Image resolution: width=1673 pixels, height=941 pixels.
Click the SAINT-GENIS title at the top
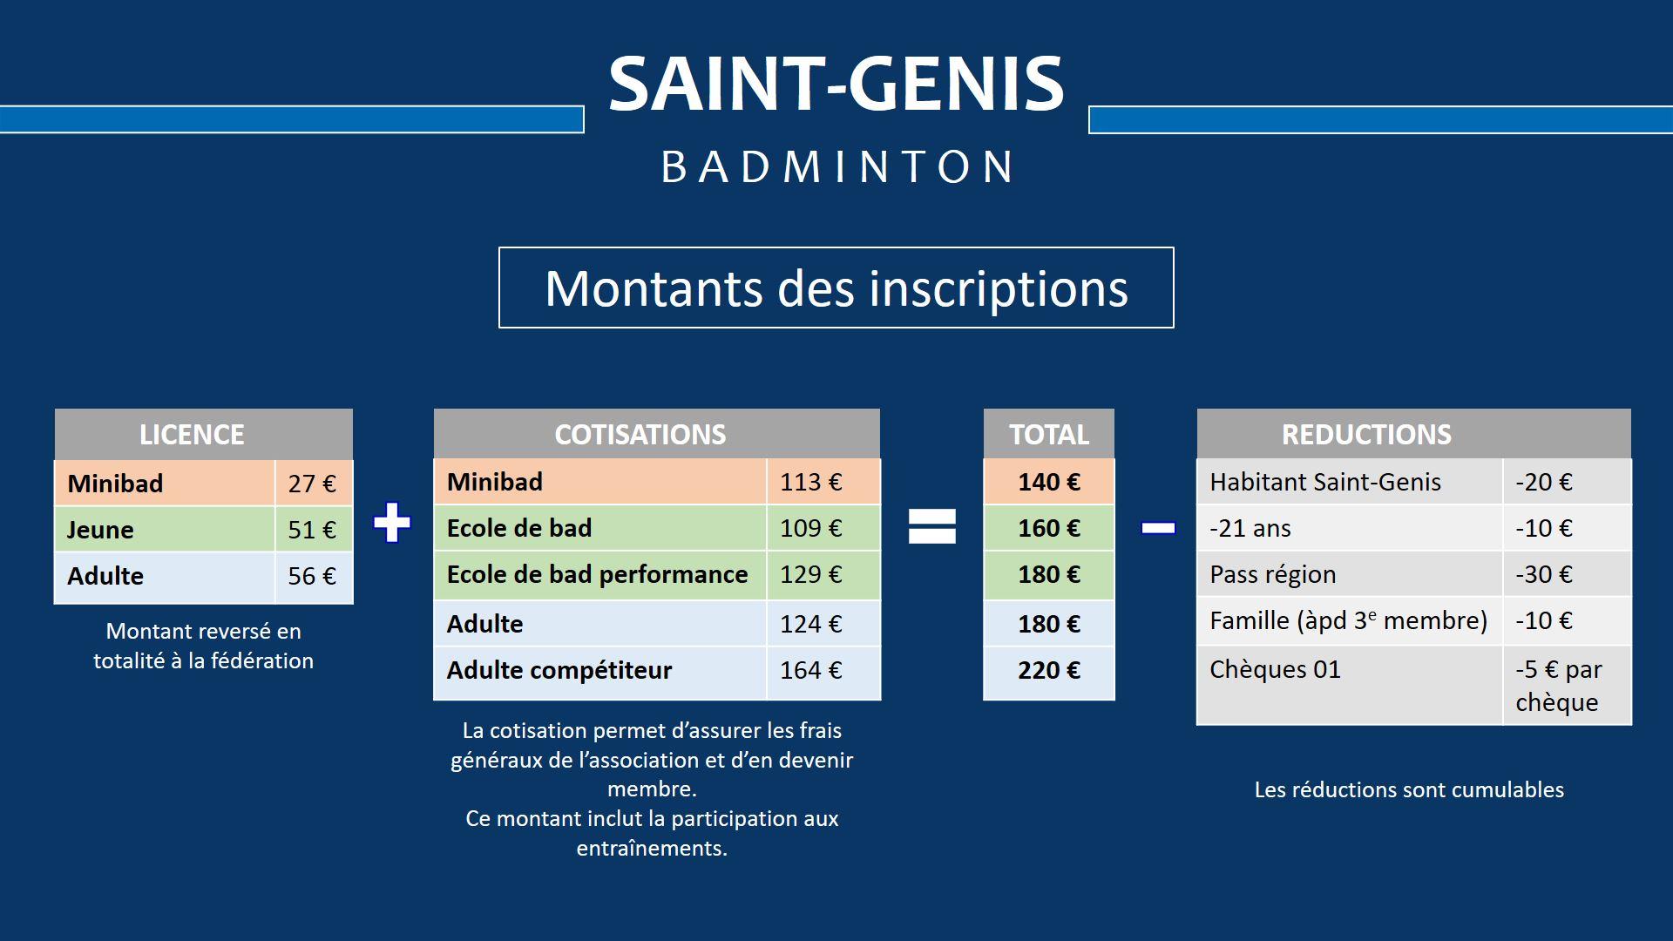[836, 84]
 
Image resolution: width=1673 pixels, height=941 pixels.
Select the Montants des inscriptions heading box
[836, 288]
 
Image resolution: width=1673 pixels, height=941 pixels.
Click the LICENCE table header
[204, 434]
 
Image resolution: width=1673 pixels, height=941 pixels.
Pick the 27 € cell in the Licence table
[313, 484]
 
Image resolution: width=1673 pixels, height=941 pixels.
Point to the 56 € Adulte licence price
[313, 576]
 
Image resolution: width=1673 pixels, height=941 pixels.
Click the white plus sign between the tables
[392, 523]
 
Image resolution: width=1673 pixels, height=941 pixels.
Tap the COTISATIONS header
[640, 434]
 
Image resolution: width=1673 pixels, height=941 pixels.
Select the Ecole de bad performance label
[597, 574]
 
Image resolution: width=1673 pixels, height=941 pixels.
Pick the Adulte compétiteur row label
[559, 670]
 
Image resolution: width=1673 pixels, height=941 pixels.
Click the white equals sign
[932, 526]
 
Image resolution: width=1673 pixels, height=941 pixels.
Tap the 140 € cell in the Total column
[1049, 482]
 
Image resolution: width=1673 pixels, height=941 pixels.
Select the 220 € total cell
[1049, 671]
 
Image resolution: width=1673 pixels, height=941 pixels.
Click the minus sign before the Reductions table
[1158, 528]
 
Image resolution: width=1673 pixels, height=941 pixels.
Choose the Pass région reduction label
[1272, 575]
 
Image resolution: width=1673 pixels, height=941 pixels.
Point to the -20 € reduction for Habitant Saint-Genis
[1544, 482]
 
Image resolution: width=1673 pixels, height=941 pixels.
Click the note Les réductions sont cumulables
[1409, 789]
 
